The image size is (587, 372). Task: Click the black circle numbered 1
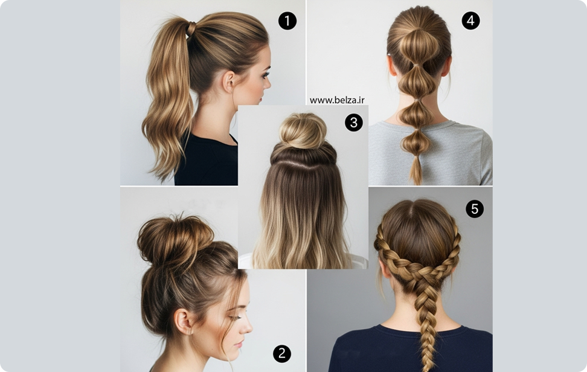pyautogui.click(x=287, y=21)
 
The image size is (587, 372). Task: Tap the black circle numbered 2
pyautogui.click(x=282, y=353)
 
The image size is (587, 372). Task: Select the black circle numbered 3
pyautogui.click(x=354, y=123)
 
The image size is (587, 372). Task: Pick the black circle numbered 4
pyautogui.click(x=470, y=21)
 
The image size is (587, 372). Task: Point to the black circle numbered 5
pyautogui.click(x=475, y=209)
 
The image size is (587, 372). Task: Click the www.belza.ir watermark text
pyautogui.click(x=337, y=100)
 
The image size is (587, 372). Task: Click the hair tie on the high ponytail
pyautogui.click(x=191, y=29)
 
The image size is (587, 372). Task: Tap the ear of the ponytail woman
pyautogui.click(x=228, y=82)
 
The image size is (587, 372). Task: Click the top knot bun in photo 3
pyautogui.click(x=303, y=130)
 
